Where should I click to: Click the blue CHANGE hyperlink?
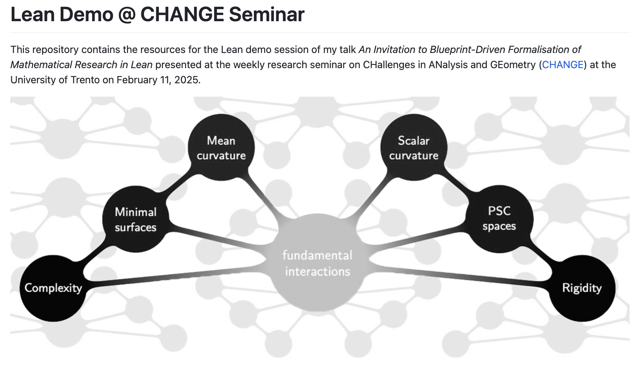click(562, 65)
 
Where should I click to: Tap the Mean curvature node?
click(221, 148)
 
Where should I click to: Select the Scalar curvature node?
click(413, 148)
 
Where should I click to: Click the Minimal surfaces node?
click(136, 219)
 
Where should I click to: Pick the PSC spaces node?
click(499, 219)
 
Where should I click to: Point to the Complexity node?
click(53, 288)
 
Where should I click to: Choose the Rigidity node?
click(582, 288)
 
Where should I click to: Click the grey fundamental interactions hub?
click(318, 262)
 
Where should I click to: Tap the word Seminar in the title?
click(267, 14)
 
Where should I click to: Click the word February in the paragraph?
click(137, 80)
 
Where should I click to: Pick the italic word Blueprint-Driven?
click(468, 50)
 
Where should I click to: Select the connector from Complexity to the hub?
click(177, 275)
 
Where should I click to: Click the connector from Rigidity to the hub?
click(458, 275)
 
